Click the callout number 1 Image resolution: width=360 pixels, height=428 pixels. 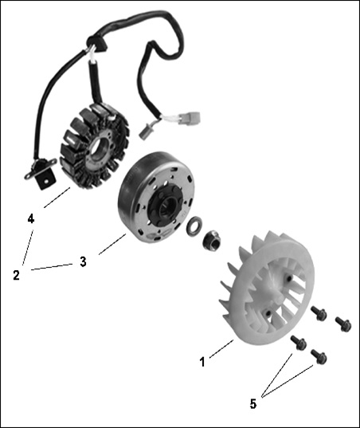point(202,362)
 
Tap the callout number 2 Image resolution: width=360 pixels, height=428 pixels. point(17,275)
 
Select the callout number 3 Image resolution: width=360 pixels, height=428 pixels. point(83,261)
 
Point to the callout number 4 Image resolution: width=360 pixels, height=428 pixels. point(31,218)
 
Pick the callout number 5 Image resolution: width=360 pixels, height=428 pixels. point(253,404)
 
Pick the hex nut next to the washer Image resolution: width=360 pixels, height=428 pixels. point(212,238)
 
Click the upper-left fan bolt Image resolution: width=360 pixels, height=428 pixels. point(319,312)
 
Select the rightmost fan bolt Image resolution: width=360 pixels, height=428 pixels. point(343,324)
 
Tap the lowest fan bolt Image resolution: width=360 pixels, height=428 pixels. point(319,356)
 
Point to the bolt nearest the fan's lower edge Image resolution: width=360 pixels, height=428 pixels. point(299,343)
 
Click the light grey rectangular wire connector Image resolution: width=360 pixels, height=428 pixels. point(191,117)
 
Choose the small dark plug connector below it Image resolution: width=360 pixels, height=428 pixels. point(145,132)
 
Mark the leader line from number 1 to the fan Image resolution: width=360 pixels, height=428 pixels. point(221,349)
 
